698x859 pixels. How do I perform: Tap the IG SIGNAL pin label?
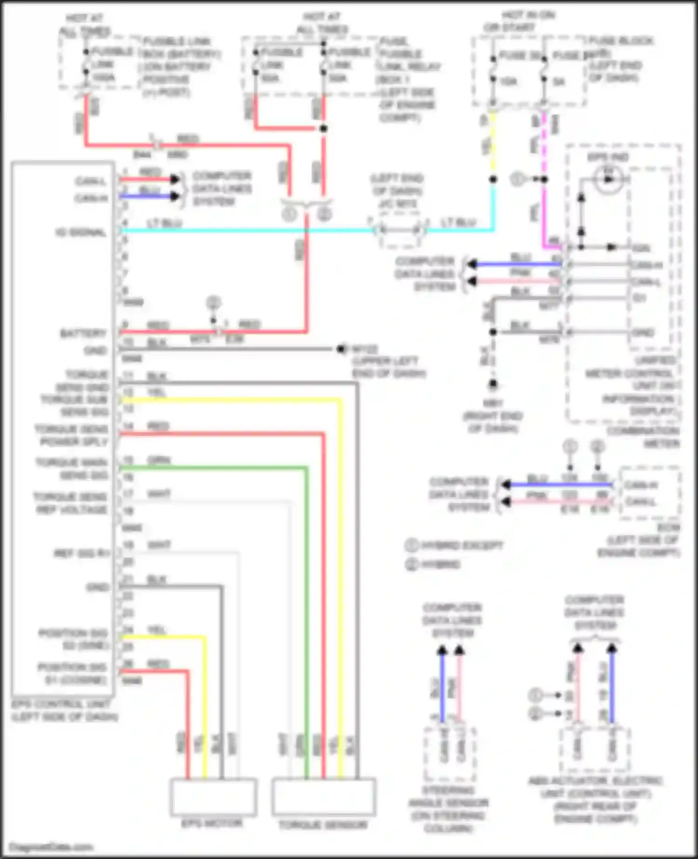(x=81, y=232)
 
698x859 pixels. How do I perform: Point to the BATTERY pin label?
(x=83, y=333)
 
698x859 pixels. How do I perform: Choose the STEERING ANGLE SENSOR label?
(x=449, y=809)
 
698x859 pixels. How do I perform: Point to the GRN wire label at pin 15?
(x=159, y=460)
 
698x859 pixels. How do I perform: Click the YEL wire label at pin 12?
(x=157, y=392)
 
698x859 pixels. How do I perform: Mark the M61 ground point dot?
(x=493, y=384)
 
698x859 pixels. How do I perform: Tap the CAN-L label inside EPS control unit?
(x=91, y=181)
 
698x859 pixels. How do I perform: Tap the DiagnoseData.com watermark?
(x=51, y=846)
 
